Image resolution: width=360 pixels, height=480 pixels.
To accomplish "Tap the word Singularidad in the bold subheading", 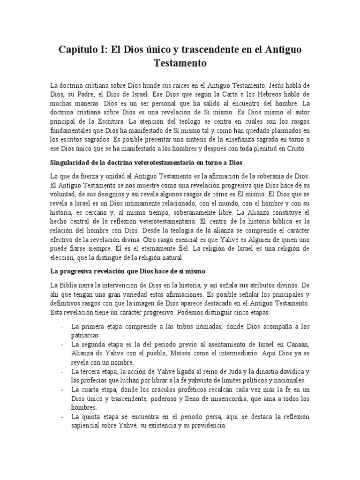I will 72,163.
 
